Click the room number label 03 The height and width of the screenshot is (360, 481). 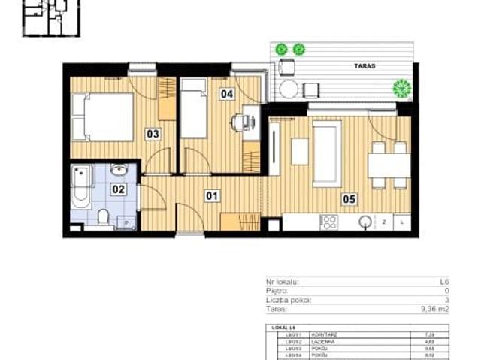tap(153, 135)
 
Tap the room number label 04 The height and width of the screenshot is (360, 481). tap(226, 94)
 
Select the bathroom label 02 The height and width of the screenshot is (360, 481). tap(118, 189)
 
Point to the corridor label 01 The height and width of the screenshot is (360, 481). tap(213, 197)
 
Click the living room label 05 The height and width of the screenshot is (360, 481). tap(349, 199)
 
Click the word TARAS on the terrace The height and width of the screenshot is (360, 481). tap(365, 66)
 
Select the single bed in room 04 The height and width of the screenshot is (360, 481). tap(194, 110)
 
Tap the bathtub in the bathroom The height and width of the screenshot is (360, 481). tap(82, 186)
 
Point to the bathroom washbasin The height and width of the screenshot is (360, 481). tap(119, 170)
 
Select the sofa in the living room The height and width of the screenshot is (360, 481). tap(326, 152)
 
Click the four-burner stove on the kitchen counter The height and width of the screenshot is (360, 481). tap(328, 222)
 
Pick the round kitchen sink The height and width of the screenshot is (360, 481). tap(365, 222)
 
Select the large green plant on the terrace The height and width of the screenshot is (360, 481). tap(403, 89)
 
